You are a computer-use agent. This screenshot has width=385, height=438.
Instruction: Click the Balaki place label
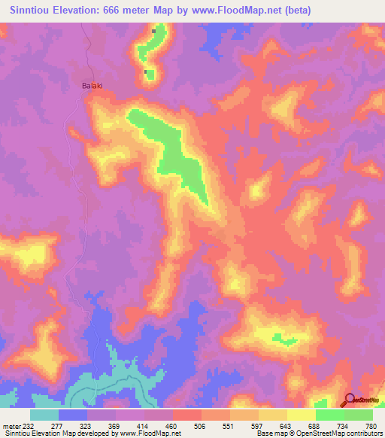[91, 86]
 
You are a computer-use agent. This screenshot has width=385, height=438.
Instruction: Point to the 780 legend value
[370, 426]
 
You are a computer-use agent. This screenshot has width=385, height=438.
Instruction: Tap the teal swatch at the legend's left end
[44, 415]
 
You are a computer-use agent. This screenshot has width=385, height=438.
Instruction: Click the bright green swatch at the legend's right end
[358, 415]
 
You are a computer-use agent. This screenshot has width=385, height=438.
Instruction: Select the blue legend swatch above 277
[73, 415]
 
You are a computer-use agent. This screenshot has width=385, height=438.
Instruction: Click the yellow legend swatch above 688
[301, 415]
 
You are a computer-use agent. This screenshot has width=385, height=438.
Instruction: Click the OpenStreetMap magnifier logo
[350, 400]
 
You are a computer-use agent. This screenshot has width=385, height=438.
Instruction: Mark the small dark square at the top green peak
[155, 31]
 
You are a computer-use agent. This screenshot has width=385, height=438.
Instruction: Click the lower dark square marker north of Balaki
[146, 72]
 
